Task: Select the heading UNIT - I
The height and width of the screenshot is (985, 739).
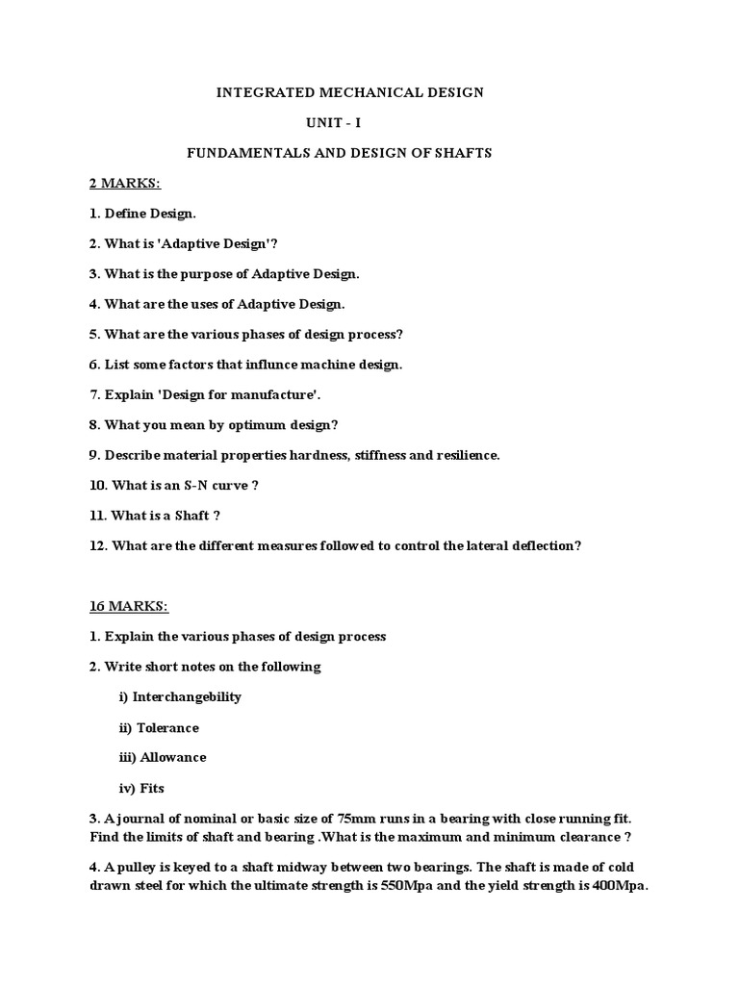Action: point(334,123)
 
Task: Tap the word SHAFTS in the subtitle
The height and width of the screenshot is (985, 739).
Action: point(460,154)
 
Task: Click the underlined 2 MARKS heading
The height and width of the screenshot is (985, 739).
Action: point(125,183)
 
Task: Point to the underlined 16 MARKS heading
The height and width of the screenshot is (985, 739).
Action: point(129,606)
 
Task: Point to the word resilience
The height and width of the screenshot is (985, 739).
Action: point(466,455)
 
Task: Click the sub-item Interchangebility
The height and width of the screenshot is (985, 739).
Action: point(187,696)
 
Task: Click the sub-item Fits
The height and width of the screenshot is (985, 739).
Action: point(152,788)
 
